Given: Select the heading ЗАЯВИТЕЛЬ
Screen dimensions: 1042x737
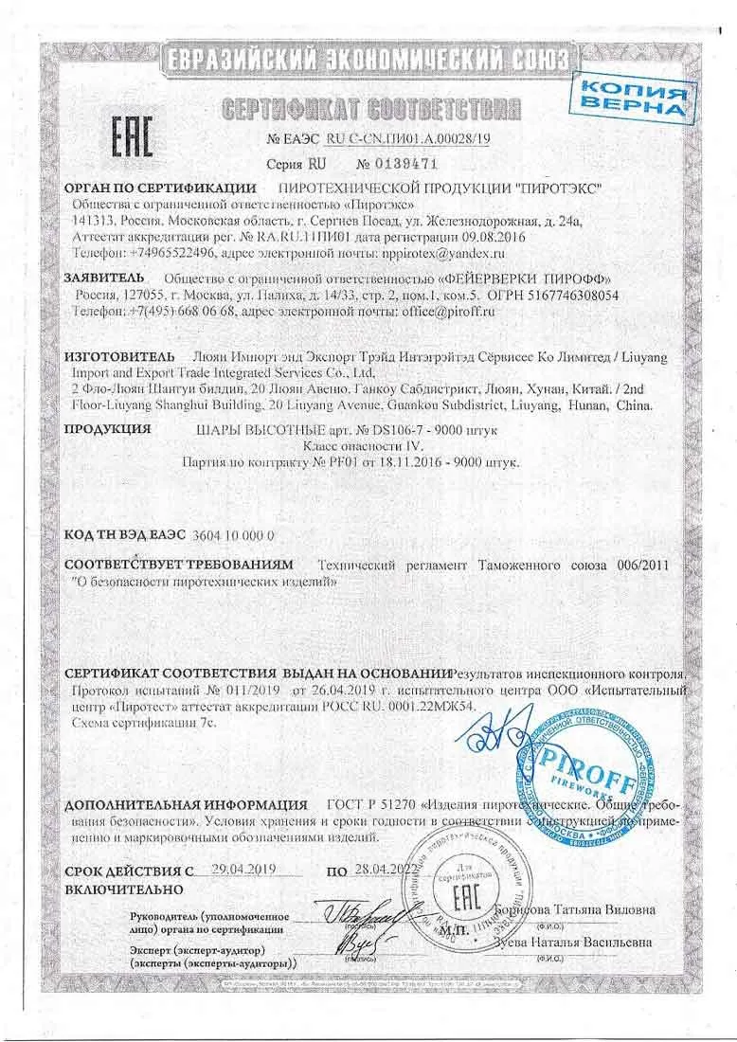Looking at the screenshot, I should [104, 278].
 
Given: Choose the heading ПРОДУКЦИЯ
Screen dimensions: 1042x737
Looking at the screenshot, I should [107, 428].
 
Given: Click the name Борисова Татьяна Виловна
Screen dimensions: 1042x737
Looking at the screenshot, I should [578, 908].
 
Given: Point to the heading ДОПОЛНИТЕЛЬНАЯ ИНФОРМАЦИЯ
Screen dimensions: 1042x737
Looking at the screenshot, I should [186, 805].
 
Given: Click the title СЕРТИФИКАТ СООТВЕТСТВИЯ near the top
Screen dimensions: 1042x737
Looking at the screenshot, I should [369, 107].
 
